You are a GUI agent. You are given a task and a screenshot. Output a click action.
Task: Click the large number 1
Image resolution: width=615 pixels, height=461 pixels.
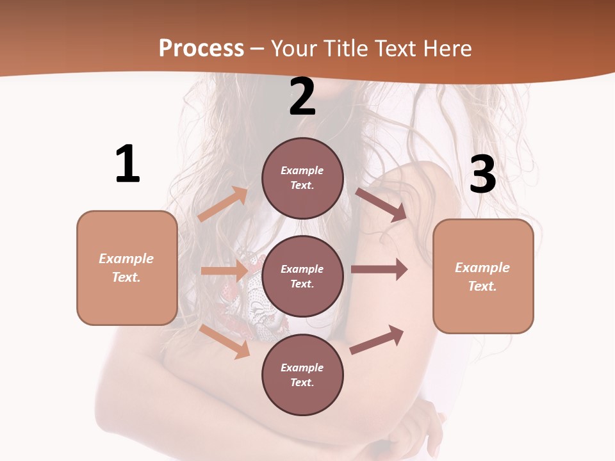point(127,164)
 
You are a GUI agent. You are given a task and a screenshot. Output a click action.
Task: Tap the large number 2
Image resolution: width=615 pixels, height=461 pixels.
point(302,97)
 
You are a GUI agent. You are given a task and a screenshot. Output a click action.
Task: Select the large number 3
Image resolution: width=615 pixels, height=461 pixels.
point(482,174)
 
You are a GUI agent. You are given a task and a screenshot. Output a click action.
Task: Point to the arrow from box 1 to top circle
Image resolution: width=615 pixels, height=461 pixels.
point(222,204)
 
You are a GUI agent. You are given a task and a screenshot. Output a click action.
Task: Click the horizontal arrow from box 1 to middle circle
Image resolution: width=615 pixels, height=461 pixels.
point(224,271)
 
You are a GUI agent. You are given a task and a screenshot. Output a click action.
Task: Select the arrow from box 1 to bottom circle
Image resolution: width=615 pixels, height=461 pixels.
point(225,341)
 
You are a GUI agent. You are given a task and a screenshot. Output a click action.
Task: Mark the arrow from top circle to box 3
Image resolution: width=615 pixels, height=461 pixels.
point(381,204)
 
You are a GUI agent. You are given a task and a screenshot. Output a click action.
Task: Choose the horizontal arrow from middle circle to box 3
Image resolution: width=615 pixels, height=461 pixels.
point(379,270)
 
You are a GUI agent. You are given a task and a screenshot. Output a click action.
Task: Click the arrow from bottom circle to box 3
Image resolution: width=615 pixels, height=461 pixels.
point(377,340)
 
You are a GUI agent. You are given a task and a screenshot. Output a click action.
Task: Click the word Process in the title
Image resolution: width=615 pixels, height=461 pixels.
point(201,48)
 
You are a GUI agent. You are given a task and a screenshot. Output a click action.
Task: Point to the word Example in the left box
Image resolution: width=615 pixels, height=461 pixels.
point(126,259)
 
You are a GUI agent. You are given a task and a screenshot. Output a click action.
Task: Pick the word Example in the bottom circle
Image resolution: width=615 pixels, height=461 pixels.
point(302,368)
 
